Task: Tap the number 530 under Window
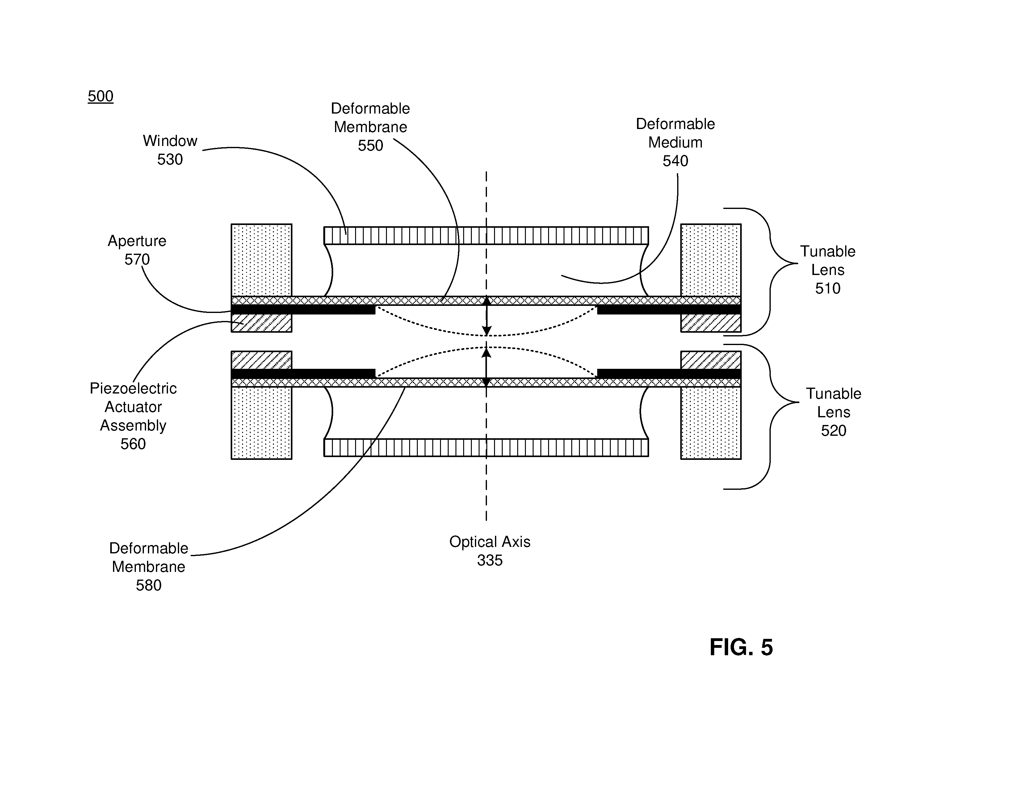170,160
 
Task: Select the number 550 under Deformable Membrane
371,145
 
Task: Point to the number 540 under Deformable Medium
675,161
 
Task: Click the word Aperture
137,241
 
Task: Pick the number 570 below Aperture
137,259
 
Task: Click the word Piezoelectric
133,388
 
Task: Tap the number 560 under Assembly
133,444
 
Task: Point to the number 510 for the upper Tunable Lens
828,288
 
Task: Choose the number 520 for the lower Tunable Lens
833,430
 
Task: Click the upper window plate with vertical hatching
486,235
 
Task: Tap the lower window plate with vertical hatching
486,448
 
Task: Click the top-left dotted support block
261,260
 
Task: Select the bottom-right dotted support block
711,423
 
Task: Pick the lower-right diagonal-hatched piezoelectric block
711,360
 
